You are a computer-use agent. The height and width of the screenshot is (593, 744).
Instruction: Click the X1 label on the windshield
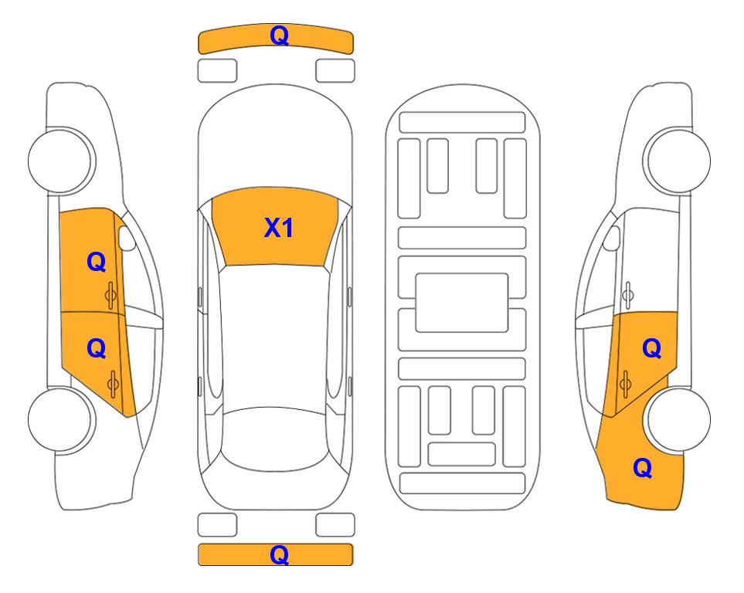[x=279, y=228]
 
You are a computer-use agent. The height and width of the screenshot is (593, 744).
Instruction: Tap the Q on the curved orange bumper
[x=279, y=36]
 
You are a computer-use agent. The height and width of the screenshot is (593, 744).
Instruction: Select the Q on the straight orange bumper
[x=279, y=554]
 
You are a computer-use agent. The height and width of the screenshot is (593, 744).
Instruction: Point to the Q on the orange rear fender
[x=643, y=468]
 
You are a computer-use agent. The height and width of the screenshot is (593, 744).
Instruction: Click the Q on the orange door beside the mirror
[x=96, y=262]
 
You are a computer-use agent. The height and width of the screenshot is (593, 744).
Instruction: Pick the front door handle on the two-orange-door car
[x=110, y=296]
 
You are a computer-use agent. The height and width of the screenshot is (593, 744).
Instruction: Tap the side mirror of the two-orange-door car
[x=126, y=238]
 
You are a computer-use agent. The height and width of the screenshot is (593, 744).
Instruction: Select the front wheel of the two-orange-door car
[x=60, y=161]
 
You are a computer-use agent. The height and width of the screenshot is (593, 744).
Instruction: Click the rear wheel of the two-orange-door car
[x=60, y=419]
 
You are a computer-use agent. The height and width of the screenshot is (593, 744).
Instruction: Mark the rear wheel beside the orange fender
[x=679, y=419]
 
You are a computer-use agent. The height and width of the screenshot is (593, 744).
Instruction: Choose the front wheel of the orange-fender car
[x=679, y=161]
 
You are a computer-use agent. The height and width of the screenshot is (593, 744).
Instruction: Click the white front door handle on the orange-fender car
[x=628, y=295]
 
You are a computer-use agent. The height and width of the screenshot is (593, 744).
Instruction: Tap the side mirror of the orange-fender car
[x=612, y=238]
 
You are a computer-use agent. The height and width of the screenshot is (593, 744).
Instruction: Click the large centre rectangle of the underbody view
[x=462, y=303]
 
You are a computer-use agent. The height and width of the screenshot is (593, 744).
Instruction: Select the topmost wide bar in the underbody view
[x=462, y=123]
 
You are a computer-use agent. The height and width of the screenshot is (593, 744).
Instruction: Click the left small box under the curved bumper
[x=217, y=71]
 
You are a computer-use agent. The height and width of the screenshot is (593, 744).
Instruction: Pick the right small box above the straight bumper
[x=335, y=525]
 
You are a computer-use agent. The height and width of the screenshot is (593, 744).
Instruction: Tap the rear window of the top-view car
[x=275, y=439]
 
